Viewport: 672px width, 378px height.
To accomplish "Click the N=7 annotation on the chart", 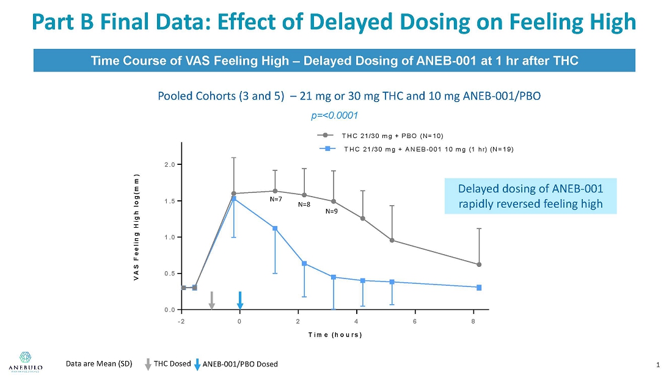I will (x=276, y=199).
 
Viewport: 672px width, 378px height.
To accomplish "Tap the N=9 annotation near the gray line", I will (x=331, y=211).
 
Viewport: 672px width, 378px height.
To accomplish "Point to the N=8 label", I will (x=304, y=205).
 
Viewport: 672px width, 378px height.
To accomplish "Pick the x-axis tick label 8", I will (x=473, y=321).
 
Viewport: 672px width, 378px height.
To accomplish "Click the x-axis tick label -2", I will (x=181, y=321).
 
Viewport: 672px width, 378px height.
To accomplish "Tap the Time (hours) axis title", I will (x=335, y=335).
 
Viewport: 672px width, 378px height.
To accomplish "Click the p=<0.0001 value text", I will (x=334, y=115).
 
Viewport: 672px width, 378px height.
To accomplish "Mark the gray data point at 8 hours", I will (x=479, y=264).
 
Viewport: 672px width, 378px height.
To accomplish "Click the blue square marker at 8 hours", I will (x=479, y=288).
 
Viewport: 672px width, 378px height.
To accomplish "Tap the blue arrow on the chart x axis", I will (x=240, y=300).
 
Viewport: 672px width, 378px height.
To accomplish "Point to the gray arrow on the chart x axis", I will (x=212, y=300).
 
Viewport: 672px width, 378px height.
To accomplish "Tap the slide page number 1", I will (x=657, y=365).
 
